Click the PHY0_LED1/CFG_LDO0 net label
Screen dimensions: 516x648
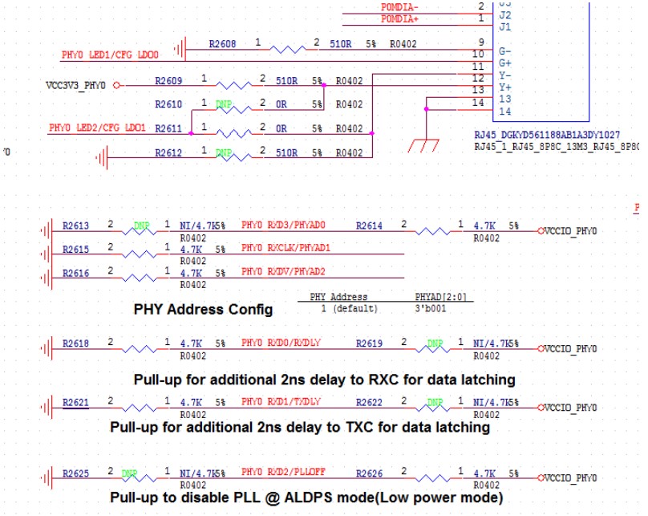[x=110, y=55]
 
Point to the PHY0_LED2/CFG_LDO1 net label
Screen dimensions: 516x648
[x=97, y=128]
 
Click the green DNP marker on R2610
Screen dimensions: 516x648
[x=224, y=104]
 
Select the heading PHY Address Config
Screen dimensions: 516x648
[x=203, y=309]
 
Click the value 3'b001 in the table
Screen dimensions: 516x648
[x=430, y=308]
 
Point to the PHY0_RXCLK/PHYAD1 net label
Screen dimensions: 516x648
[x=286, y=249]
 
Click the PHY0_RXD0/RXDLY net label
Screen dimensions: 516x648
[x=281, y=343]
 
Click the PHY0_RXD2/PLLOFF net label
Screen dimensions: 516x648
[x=281, y=473]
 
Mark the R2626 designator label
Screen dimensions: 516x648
[x=370, y=473]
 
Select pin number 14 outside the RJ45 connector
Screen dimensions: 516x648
[x=479, y=102]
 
